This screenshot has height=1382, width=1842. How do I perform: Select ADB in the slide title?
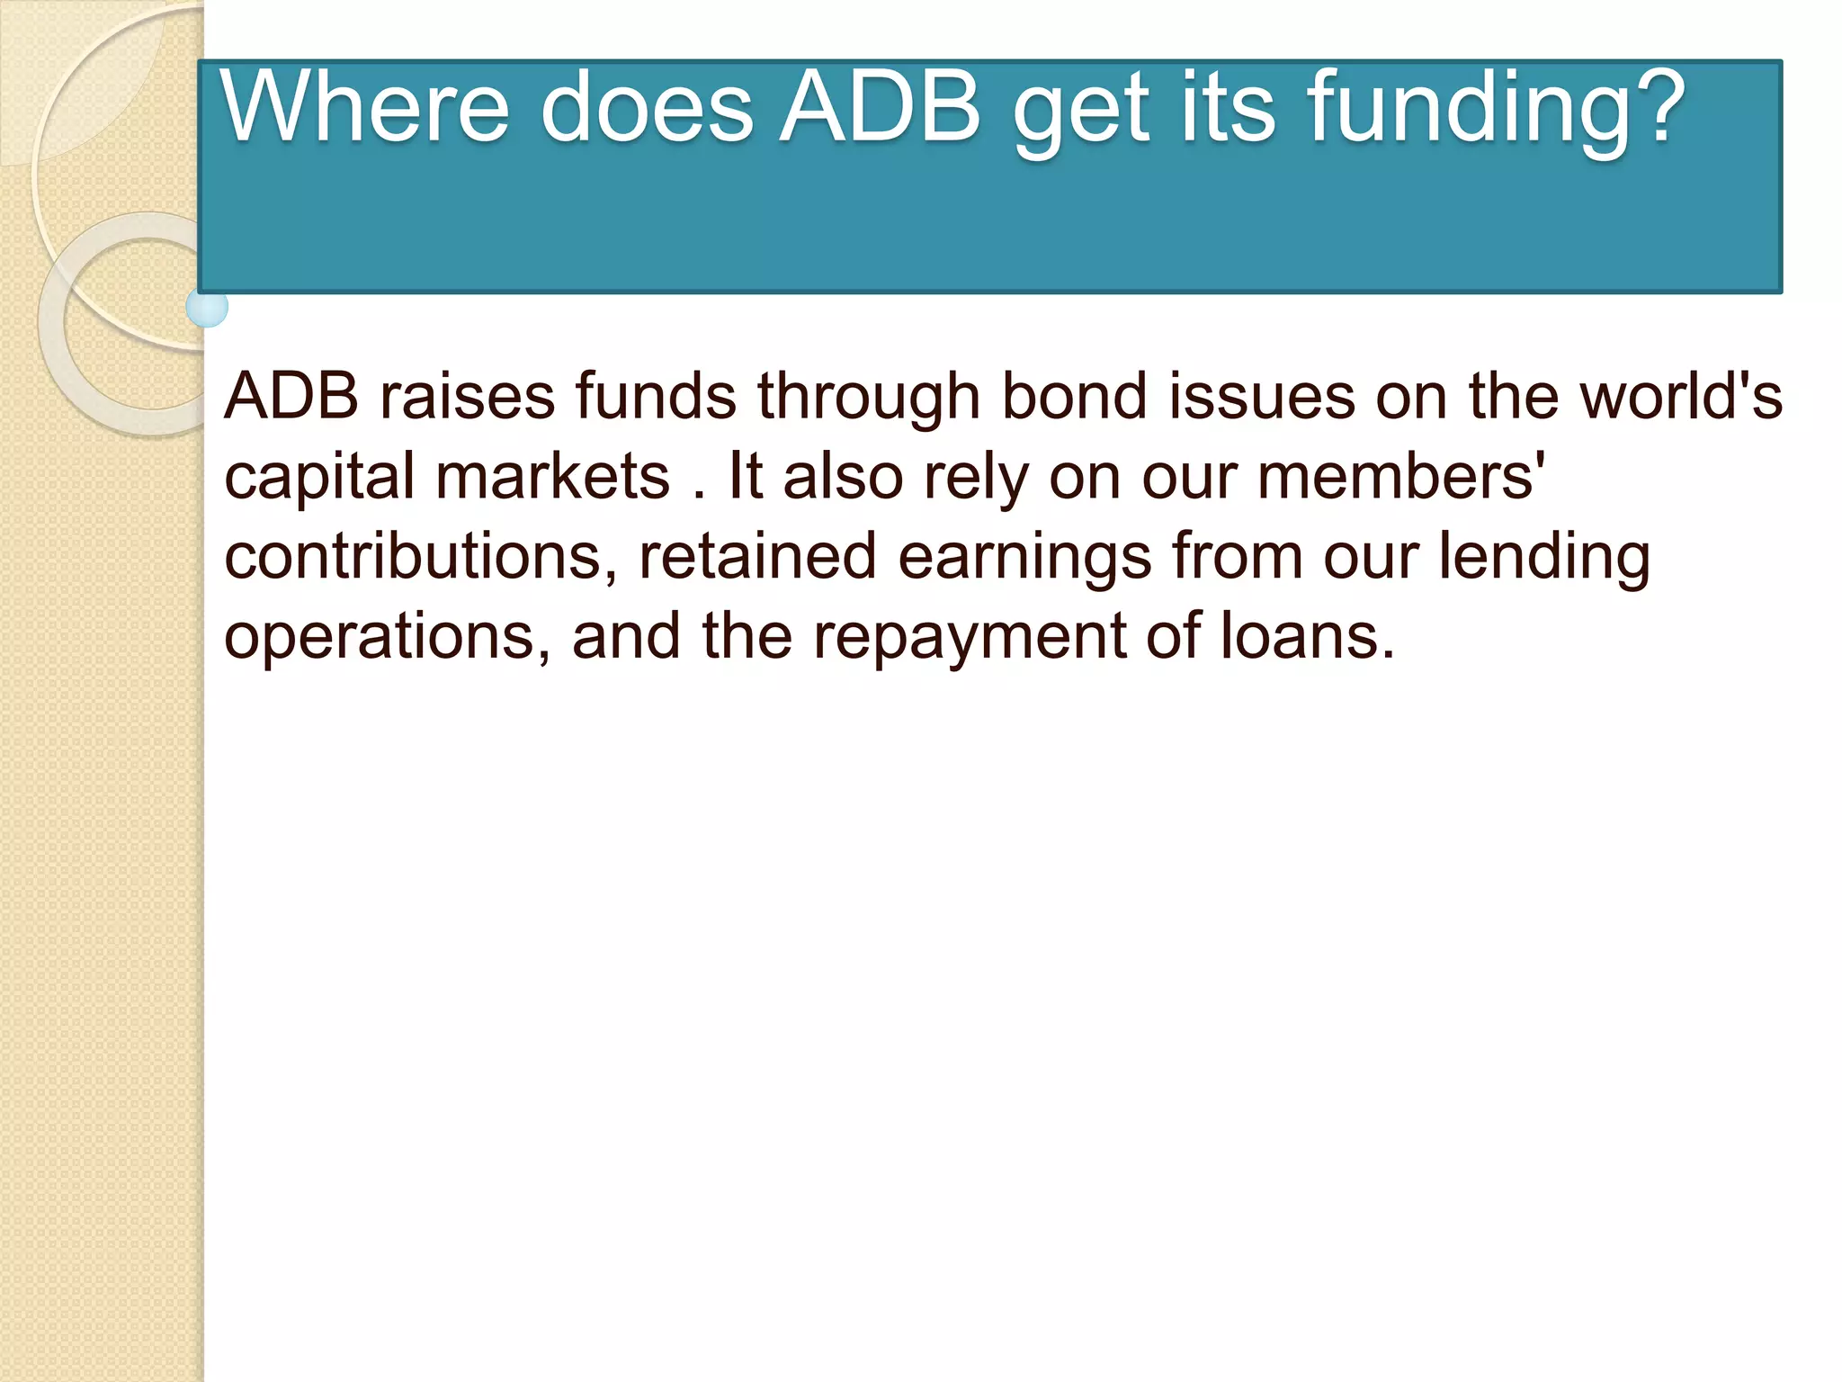click(880, 108)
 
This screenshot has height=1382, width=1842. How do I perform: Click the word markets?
click(552, 476)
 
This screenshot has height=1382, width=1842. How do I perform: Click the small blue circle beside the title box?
click(207, 308)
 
